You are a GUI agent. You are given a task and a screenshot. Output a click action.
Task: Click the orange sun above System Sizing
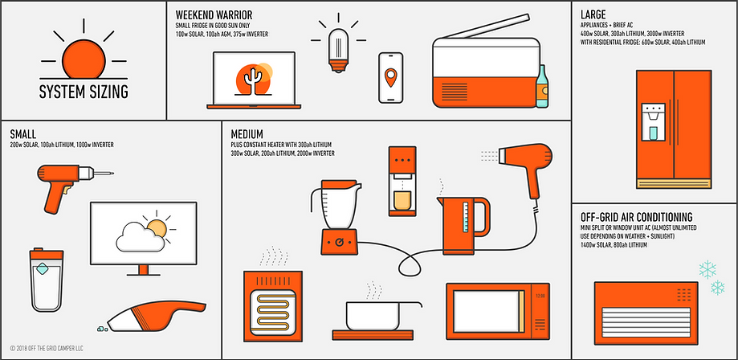pyautogui.click(x=84, y=59)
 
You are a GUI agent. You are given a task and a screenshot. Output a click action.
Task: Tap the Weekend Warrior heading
pyautogui.click(x=214, y=14)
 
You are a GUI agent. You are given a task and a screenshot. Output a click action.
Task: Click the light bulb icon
pyautogui.click(x=338, y=50)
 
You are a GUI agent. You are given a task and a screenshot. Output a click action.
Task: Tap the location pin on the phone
pyautogui.click(x=390, y=77)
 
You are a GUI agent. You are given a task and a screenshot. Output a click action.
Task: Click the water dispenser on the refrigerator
pyautogui.click(x=654, y=122)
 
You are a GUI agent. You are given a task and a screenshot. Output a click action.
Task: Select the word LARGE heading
pyautogui.click(x=593, y=14)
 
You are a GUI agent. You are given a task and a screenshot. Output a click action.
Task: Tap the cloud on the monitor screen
pyautogui.click(x=141, y=237)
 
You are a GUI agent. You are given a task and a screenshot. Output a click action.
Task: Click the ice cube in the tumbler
pyautogui.click(x=42, y=268)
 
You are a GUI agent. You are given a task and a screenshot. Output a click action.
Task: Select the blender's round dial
pyautogui.click(x=338, y=242)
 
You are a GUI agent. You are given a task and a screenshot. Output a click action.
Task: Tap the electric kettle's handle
pyautogui.click(x=483, y=216)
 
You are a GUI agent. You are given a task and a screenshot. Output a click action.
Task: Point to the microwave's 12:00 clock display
pyautogui.click(x=540, y=296)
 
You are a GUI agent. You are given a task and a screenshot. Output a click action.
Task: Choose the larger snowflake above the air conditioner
pyautogui.click(x=707, y=269)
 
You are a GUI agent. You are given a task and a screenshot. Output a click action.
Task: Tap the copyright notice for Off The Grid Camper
pyautogui.click(x=46, y=349)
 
